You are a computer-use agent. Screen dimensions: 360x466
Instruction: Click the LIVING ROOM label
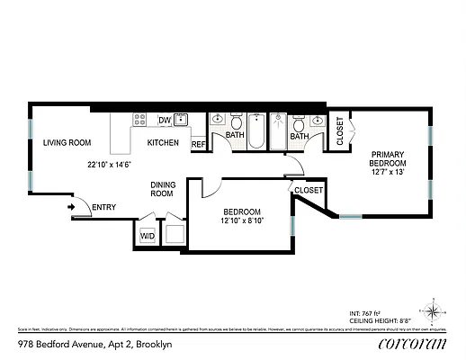coord(67,142)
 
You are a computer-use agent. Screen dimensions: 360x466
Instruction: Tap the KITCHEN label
coord(163,142)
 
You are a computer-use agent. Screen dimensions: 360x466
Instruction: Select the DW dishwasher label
coord(164,120)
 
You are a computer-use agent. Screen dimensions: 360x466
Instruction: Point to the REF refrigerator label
coord(198,143)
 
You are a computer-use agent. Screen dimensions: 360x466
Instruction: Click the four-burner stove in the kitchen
coord(140,120)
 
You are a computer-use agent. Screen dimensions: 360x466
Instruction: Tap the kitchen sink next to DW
coord(182,121)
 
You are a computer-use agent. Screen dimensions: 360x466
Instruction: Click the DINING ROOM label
coord(161,188)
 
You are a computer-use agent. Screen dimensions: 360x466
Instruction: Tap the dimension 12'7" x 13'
coord(390,173)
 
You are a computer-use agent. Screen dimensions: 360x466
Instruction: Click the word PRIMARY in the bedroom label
coord(390,154)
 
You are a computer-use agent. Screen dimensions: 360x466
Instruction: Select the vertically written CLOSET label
coord(340,131)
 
